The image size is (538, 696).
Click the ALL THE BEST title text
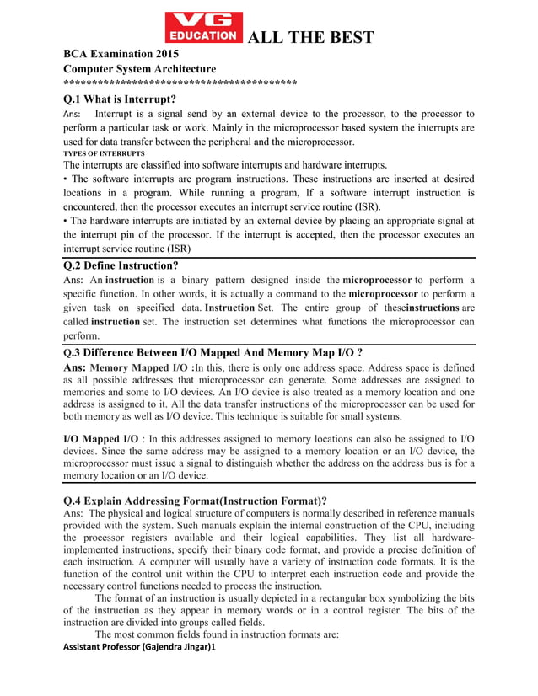pos(309,37)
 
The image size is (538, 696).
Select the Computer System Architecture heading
pos(140,68)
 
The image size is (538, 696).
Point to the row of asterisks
pos(180,83)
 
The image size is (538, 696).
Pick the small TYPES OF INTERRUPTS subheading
pos(104,154)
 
